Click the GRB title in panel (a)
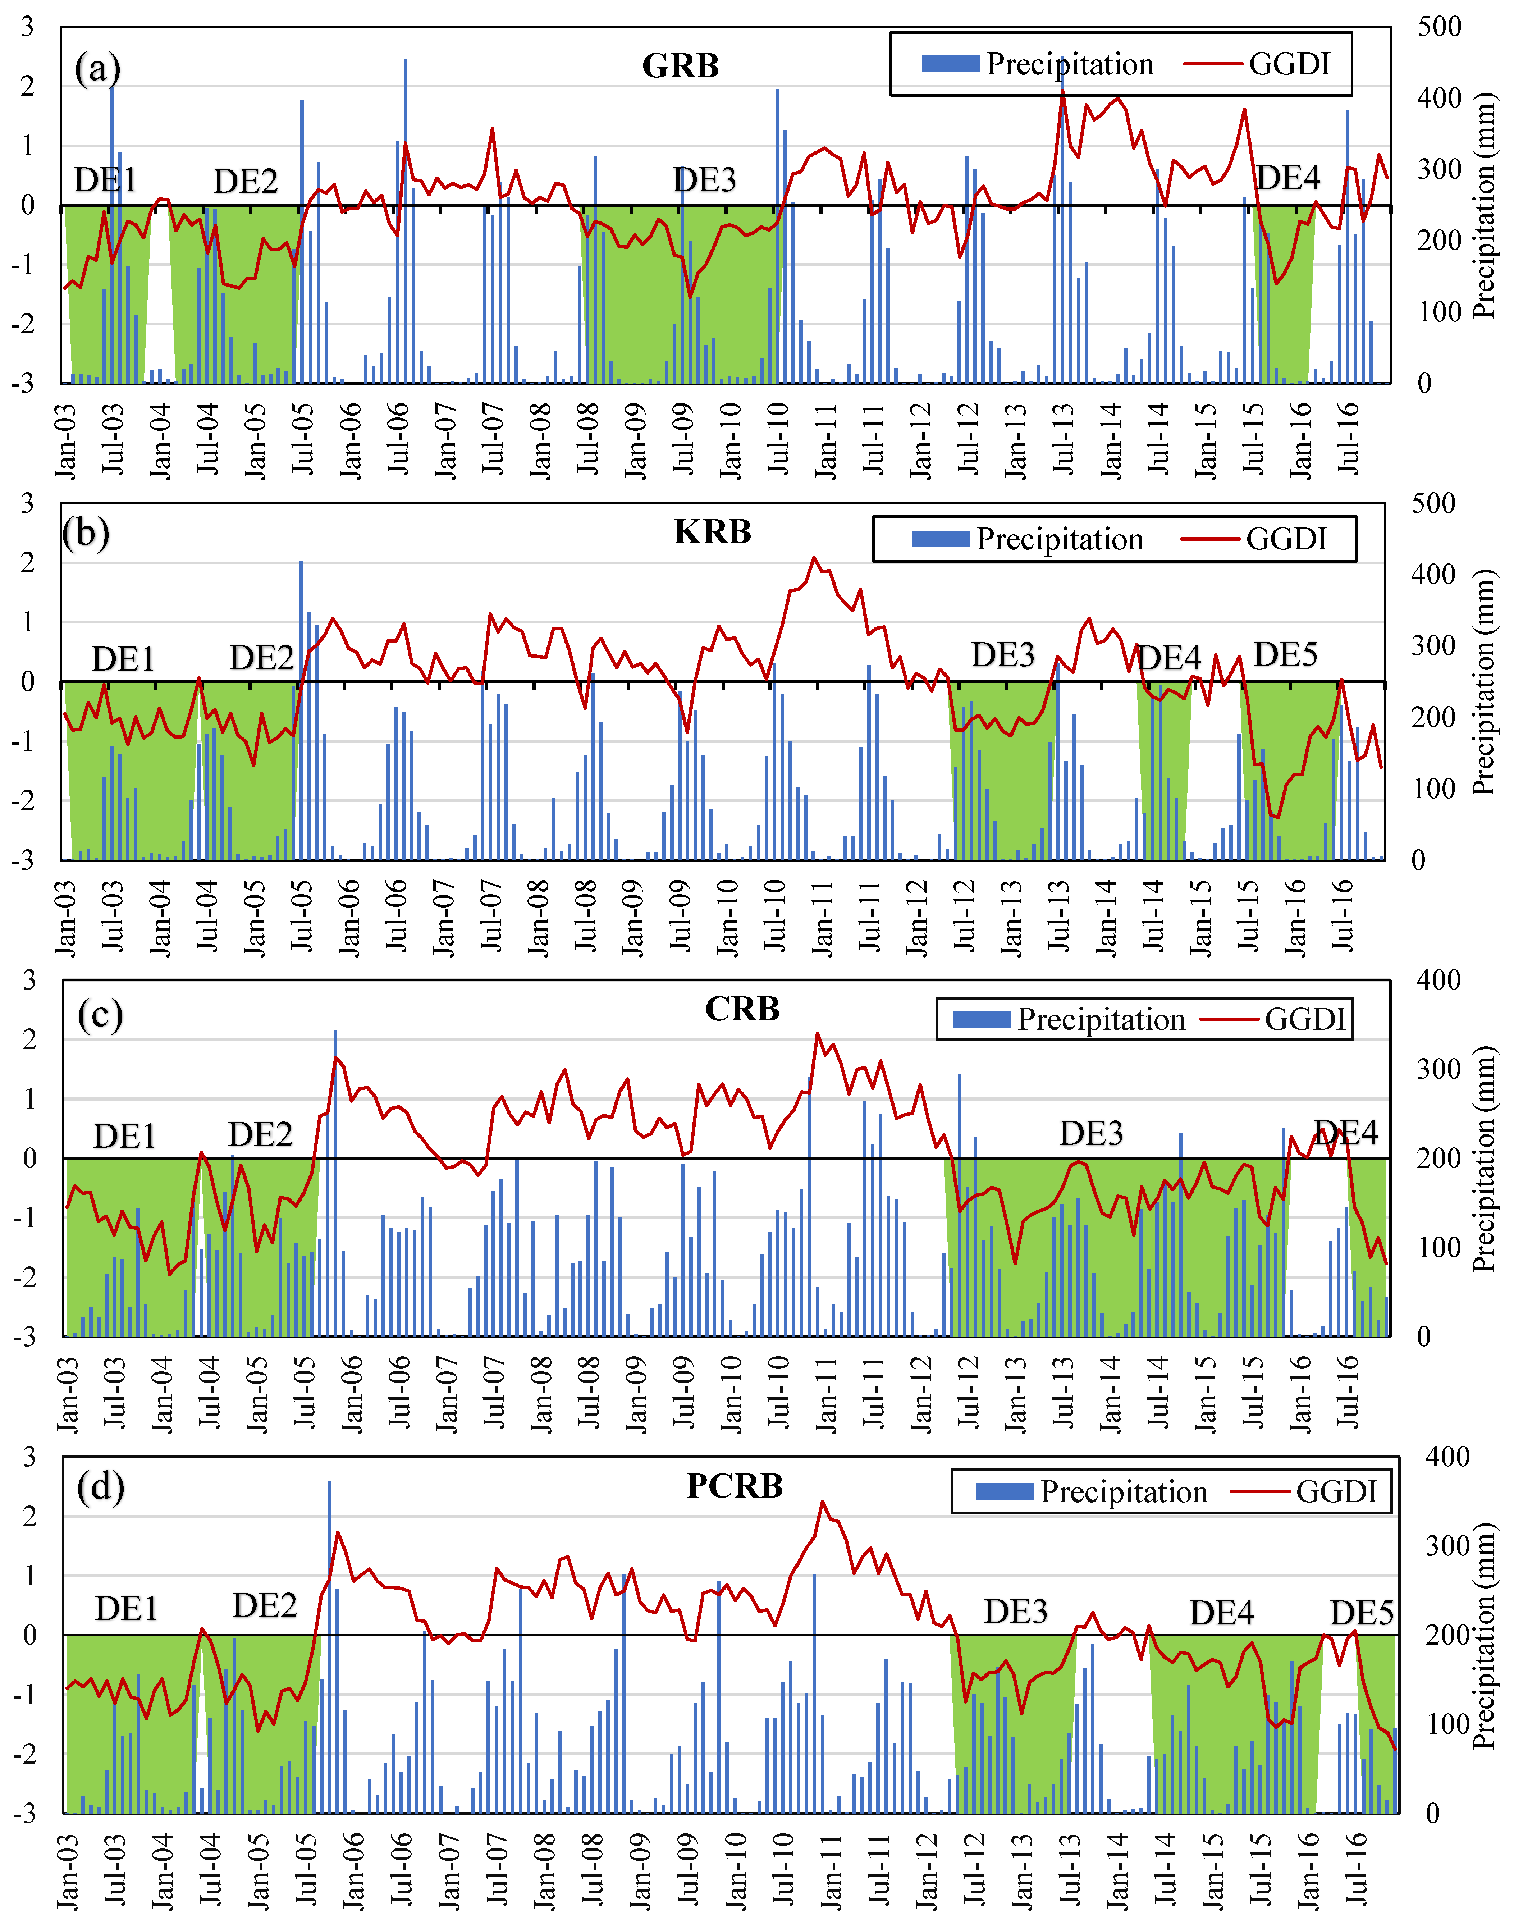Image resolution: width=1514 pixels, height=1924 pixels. (680, 65)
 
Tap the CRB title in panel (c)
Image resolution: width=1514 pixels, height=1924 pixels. (742, 1009)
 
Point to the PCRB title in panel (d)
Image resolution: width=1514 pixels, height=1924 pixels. (735, 1485)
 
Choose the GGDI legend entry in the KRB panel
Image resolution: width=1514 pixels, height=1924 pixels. (1254, 539)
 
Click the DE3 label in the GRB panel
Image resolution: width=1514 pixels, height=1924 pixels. (705, 180)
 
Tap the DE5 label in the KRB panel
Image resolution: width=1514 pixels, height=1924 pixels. (1285, 655)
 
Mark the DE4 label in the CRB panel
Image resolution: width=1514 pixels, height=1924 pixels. (1346, 1133)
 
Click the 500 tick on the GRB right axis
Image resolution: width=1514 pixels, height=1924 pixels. (1440, 27)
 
